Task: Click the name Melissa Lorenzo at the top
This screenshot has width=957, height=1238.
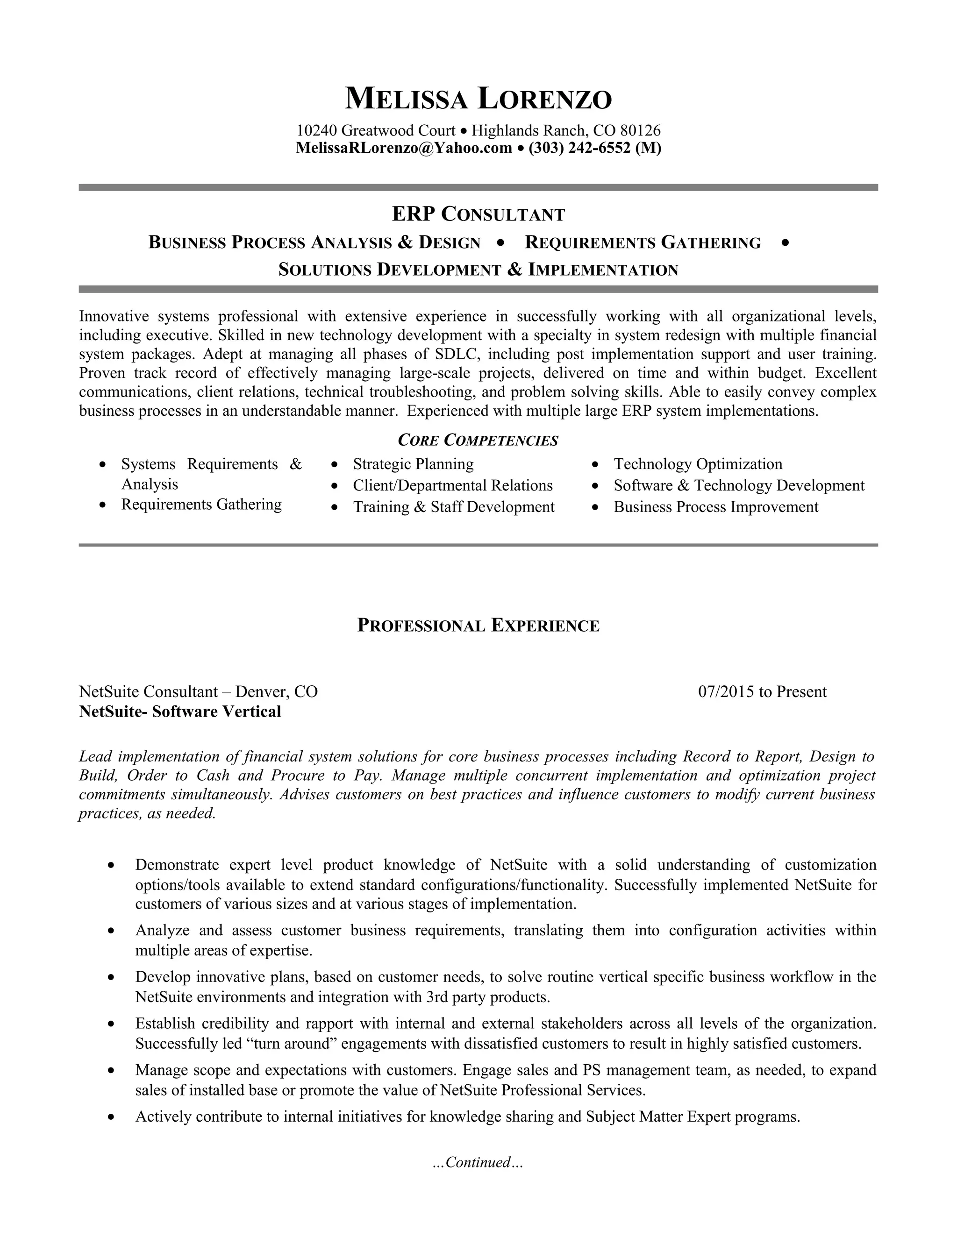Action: [478, 99]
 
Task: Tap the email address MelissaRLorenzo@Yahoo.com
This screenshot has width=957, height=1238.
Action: [404, 148]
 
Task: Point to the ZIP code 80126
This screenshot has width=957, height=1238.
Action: [640, 131]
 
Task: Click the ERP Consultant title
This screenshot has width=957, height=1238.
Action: [478, 214]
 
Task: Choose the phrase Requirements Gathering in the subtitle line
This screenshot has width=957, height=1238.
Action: [643, 242]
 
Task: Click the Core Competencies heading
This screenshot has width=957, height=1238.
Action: [478, 440]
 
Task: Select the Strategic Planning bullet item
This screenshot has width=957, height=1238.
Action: [413, 464]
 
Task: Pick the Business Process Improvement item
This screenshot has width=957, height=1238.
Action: [715, 507]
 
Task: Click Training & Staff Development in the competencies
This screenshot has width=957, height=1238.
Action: [454, 507]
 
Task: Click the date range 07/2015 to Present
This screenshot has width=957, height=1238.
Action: [762, 691]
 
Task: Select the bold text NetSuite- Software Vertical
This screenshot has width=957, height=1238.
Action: [180, 711]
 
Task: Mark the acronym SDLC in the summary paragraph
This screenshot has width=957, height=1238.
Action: [457, 354]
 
